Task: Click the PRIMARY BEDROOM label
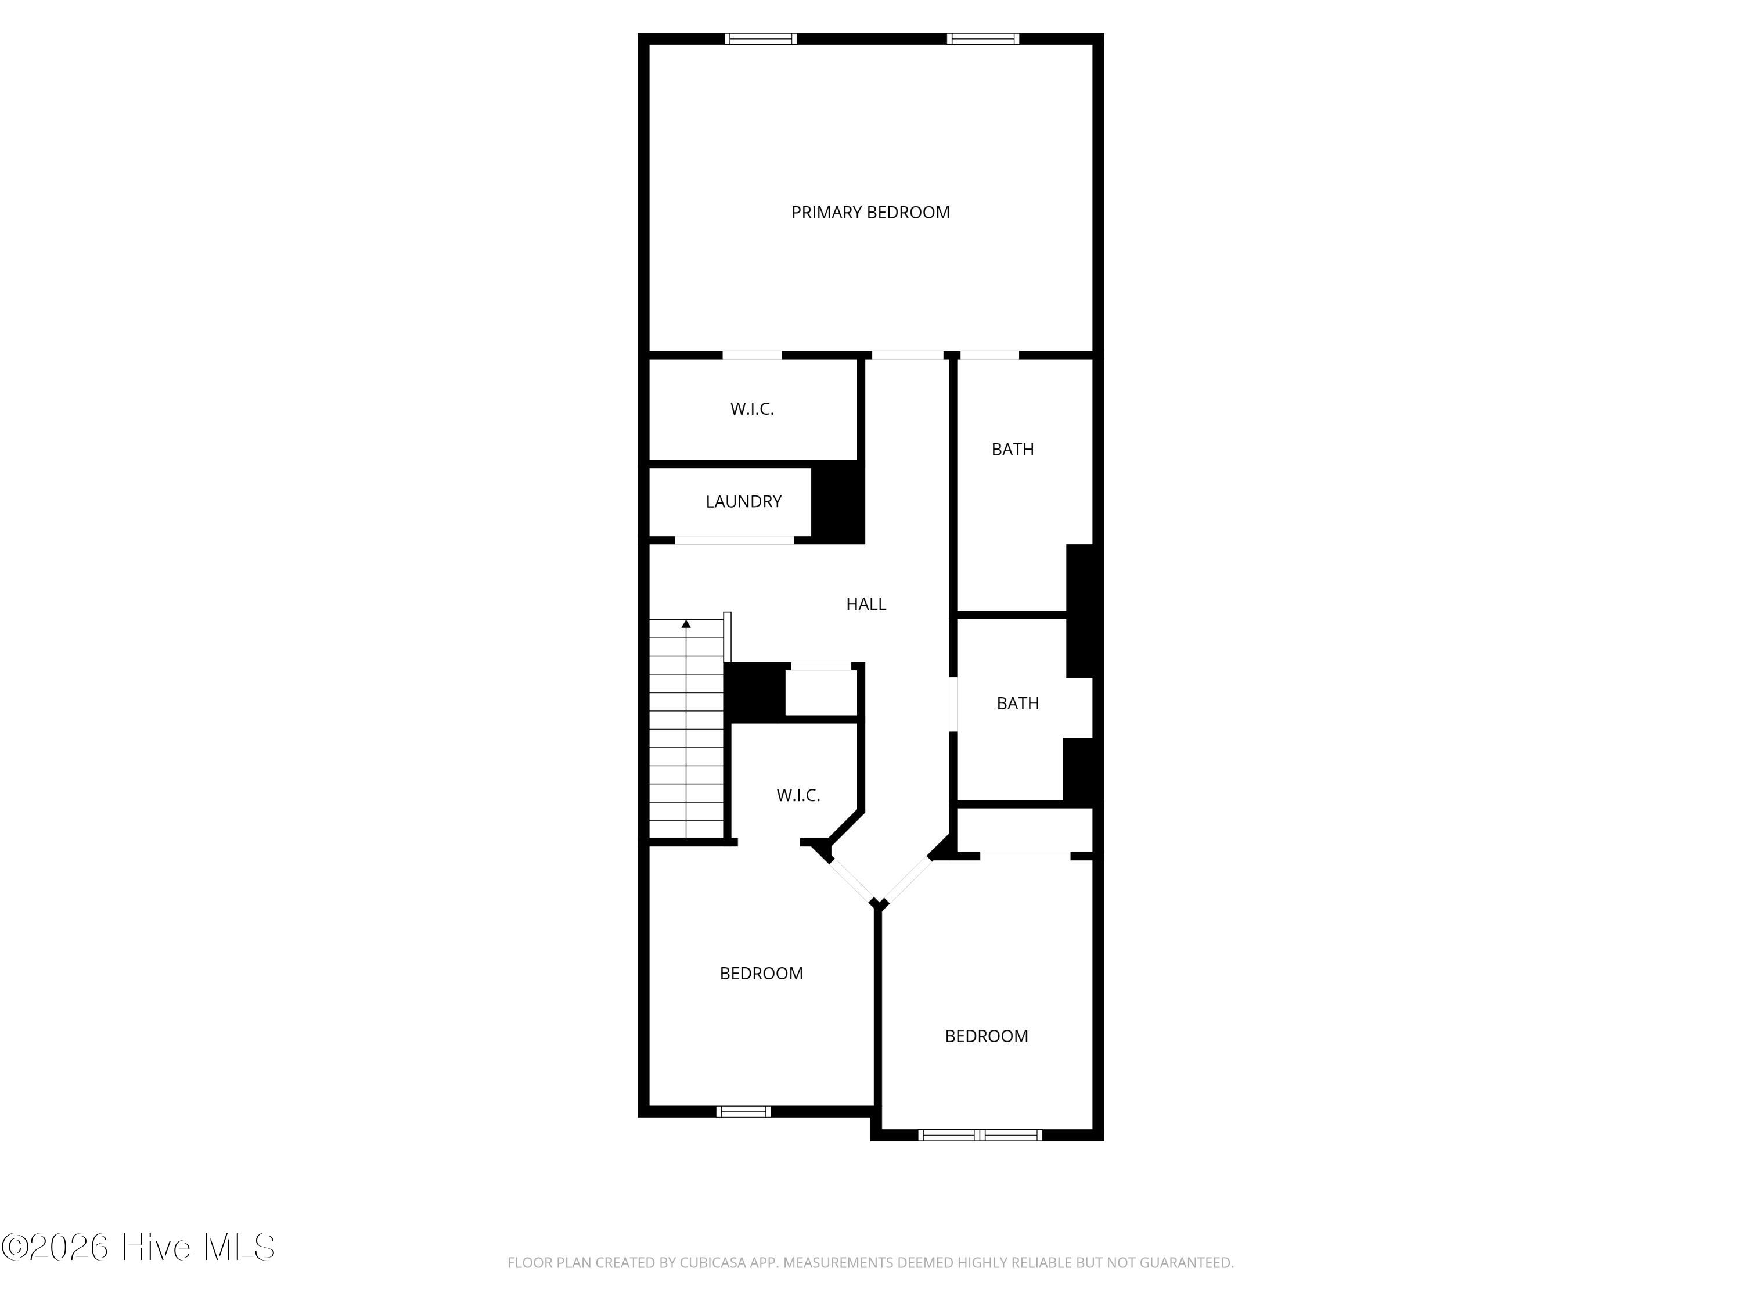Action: click(870, 212)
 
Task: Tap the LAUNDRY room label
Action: click(743, 501)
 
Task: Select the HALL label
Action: click(866, 604)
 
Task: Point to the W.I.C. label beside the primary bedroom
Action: click(752, 409)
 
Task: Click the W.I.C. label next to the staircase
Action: click(798, 795)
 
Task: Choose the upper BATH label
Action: click(1013, 449)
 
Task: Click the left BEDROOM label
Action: click(761, 973)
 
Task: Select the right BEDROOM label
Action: click(987, 1036)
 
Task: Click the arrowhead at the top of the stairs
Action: click(686, 624)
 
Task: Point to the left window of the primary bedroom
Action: click(761, 38)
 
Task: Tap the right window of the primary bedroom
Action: click(983, 38)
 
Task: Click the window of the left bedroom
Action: click(743, 1112)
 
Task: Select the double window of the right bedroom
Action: click(981, 1135)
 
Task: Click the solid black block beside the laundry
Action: click(838, 502)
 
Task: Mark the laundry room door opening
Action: click(735, 540)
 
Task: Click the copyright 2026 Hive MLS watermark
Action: click(139, 1247)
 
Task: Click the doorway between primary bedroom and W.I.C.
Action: click(752, 356)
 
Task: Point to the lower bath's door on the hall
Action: click(953, 704)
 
